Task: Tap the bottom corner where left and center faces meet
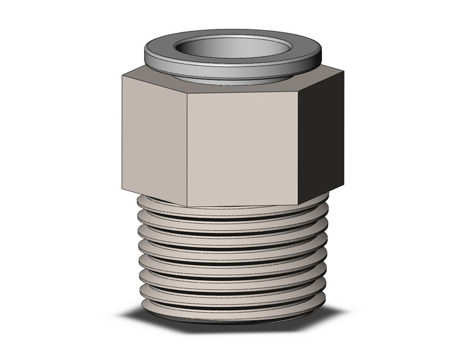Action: point(186,206)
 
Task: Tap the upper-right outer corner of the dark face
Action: point(343,72)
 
